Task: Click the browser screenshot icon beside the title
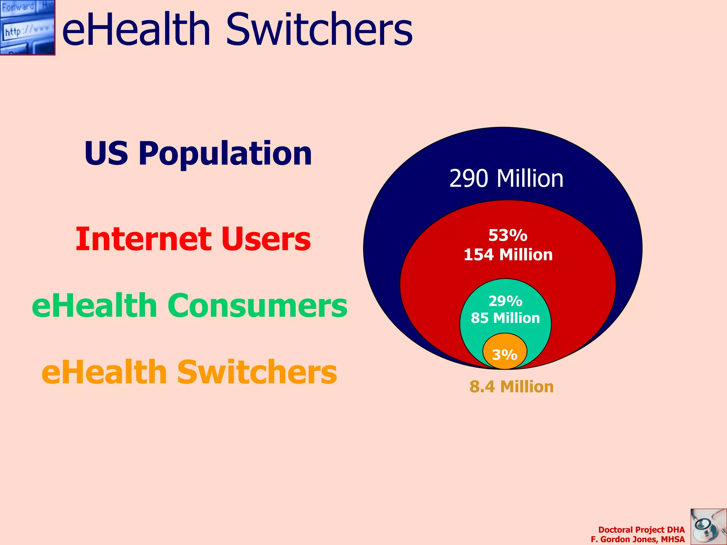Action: click(27, 27)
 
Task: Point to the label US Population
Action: click(198, 153)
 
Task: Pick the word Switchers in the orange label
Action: click(257, 372)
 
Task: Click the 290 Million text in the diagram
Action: click(506, 178)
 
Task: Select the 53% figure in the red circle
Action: click(508, 235)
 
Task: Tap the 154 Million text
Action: click(508, 255)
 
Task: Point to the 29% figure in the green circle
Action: click(505, 301)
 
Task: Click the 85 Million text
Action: click(505, 318)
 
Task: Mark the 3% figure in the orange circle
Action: click(504, 354)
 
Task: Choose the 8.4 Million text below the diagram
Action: click(512, 387)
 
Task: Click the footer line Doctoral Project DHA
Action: click(641, 530)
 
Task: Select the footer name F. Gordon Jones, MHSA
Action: click(638, 539)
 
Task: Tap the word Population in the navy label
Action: click(225, 153)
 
